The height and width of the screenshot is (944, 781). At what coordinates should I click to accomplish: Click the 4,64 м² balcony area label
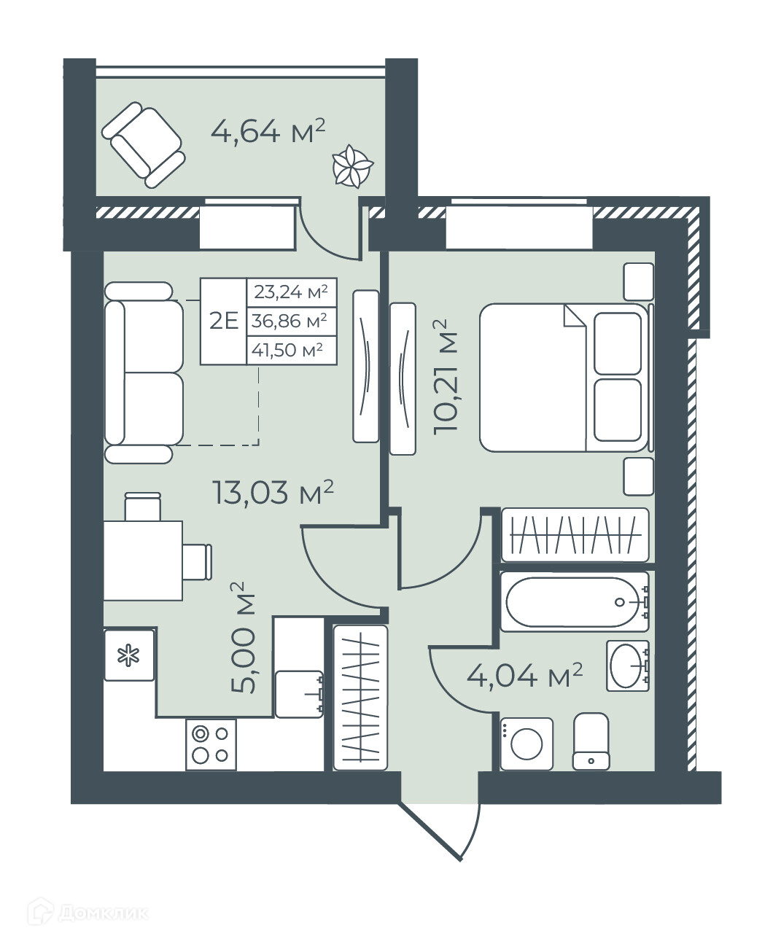coord(268,131)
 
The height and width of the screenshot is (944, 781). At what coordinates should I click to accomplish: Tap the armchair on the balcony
coord(144,144)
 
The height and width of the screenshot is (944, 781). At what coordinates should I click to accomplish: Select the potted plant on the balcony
coord(352,165)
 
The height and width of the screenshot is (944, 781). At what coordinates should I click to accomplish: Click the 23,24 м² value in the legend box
coord(291,292)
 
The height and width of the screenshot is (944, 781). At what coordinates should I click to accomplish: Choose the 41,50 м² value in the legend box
coord(287,350)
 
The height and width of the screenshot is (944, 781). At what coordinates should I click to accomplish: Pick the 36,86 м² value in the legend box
coord(290,321)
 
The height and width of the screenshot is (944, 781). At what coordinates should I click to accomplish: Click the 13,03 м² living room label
coord(273,492)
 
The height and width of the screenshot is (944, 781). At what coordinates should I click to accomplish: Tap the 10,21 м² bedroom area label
coord(445,378)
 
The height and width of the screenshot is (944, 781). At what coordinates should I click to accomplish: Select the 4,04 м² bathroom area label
coord(524,676)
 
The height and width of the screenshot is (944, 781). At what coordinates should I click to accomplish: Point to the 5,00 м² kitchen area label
coord(243,638)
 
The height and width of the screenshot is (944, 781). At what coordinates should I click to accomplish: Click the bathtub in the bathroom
coord(575,602)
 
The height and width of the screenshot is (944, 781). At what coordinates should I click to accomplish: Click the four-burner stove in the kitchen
coord(211,745)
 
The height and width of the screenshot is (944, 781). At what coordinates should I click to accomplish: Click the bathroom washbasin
coord(628,666)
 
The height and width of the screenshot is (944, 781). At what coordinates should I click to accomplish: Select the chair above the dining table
coord(143,507)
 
